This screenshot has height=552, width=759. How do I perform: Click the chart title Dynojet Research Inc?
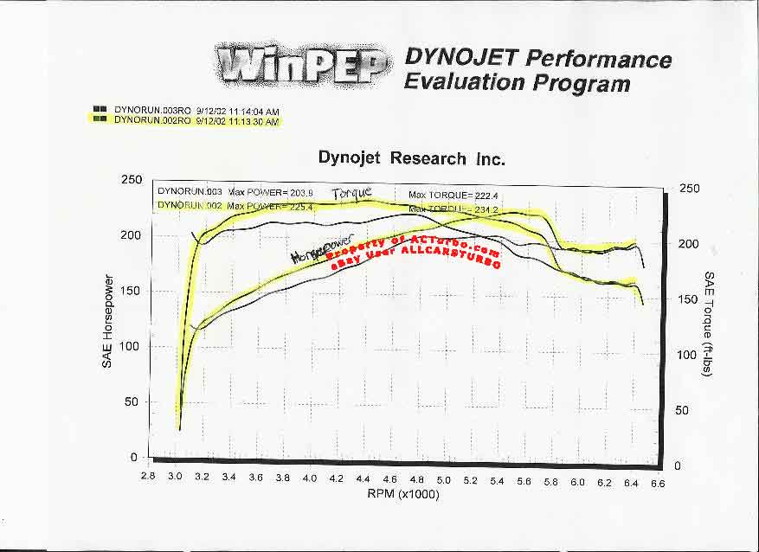(x=411, y=158)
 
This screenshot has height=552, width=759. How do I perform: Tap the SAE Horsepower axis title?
(x=108, y=321)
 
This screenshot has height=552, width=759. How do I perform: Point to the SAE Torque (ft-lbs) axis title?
(x=709, y=328)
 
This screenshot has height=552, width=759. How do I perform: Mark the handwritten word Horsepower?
(x=316, y=252)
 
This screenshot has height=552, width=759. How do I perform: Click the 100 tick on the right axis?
(x=686, y=355)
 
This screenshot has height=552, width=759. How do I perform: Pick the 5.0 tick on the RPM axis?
(x=444, y=480)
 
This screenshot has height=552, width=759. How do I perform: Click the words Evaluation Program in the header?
(x=517, y=83)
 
